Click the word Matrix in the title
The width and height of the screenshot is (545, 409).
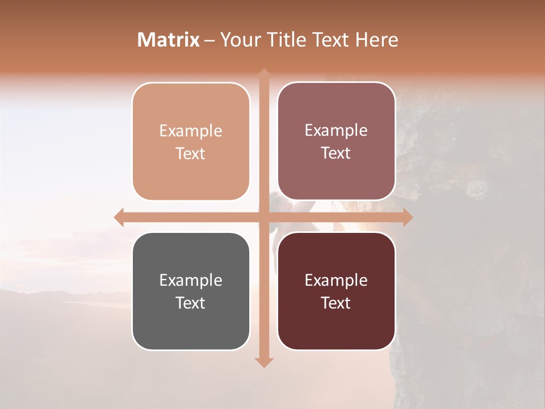click(x=169, y=40)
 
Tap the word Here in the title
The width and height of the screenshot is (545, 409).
click(x=377, y=40)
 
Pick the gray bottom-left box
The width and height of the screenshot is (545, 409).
click(x=191, y=329)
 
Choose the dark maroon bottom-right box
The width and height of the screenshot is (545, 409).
click(x=336, y=329)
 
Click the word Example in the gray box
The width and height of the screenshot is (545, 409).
click(x=191, y=280)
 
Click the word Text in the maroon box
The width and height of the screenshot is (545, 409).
click(x=336, y=303)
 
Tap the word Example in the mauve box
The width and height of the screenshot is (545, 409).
click(x=336, y=130)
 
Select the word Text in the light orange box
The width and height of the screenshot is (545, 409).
click(x=191, y=153)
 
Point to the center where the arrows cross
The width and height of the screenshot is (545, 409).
click(x=264, y=217)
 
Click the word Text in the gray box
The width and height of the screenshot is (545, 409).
click(x=191, y=303)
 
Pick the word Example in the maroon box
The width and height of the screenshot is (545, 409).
click(x=336, y=280)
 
